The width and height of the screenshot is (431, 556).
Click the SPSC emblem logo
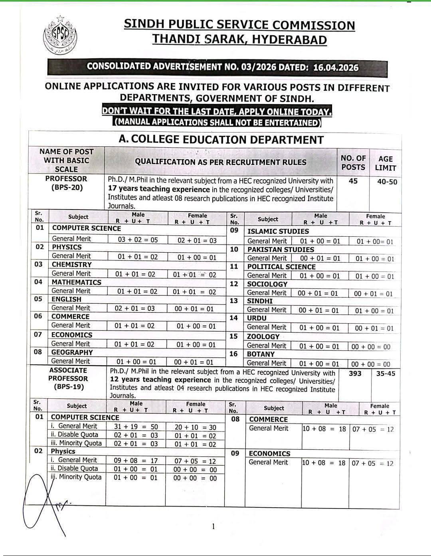click(x=59, y=36)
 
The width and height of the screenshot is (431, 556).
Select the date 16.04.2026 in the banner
click(x=336, y=67)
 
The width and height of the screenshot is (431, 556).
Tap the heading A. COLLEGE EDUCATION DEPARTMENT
click(x=221, y=140)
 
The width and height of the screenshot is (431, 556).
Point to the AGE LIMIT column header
click(x=385, y=163)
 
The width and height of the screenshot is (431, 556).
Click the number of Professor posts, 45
click(x=353, y=181)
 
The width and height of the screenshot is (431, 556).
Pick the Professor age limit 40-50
click(x=387, y=182)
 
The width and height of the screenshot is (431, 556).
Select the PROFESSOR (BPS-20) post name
click(x=66, y=183)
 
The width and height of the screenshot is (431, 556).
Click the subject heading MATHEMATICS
click(x=77, y=282)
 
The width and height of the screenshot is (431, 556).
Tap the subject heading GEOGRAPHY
click(x=72, y=352)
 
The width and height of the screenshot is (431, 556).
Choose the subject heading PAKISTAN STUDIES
click(x=281, y=249)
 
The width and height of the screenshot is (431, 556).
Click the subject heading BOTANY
click(x=261, y=354)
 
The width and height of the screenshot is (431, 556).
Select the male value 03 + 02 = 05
click(x=138, y=240)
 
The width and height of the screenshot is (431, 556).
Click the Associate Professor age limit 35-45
click(x=386, y=374)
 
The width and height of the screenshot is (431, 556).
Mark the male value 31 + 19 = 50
click(x=136, y=427)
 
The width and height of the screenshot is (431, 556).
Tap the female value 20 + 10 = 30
click(x=195, y=427)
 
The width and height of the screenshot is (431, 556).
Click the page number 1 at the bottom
click(x=213, y=526)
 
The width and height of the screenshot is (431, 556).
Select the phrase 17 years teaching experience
click(x=158, y=190)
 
